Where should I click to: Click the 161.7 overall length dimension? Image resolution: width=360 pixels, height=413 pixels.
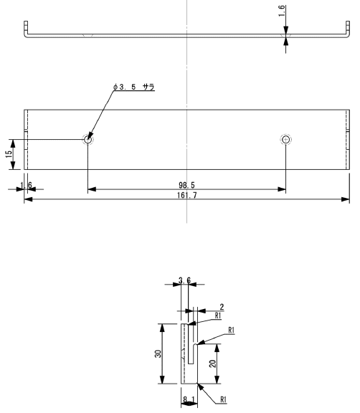click(186, 195)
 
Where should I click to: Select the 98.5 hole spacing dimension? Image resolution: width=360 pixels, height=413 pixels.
click(186, 185)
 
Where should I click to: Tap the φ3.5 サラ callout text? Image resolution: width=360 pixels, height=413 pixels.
click(134, 87)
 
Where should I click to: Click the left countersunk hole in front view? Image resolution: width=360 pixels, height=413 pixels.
click(88, 139)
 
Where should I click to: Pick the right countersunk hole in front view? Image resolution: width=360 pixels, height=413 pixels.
click(285, 139)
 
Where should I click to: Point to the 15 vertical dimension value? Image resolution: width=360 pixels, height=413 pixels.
click(9, 154)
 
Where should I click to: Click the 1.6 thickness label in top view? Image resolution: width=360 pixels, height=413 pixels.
click(282, 11)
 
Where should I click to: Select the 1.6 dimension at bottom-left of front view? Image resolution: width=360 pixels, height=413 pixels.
click(26, 185)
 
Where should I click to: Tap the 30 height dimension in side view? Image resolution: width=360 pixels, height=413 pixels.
click(158, 353)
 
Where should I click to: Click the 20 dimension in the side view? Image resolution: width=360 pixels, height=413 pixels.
click(212, 364)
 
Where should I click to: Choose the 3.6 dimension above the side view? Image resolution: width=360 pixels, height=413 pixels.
click(184, 280)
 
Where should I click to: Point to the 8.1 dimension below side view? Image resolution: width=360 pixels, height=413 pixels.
click(189, 399)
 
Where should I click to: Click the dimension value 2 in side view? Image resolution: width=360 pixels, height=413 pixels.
click(222, 307)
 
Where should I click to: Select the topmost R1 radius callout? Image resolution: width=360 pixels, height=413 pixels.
click(218, 315)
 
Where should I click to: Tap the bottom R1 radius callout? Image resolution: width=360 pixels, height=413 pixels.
click(223, 399)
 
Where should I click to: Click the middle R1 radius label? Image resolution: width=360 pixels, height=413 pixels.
click(231, 330)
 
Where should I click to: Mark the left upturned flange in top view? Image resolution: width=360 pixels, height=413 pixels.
click(26, 29)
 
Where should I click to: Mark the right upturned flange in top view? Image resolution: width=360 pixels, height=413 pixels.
click(348, 29)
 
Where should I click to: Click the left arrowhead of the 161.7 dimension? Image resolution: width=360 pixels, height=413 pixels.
click(28, 199)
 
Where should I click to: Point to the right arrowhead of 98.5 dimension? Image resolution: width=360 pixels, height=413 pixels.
click(282, 189)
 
